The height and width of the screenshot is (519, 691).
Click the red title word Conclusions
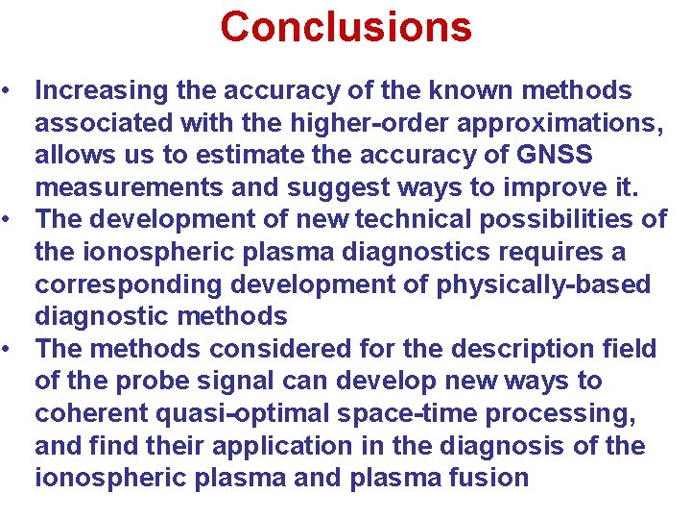pyautogui.click(x=345, y=27)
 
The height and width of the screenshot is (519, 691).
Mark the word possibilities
pyautogui.click(x=572, y=220)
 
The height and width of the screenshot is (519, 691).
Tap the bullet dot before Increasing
pyautogui.click(x=8, y=92)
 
